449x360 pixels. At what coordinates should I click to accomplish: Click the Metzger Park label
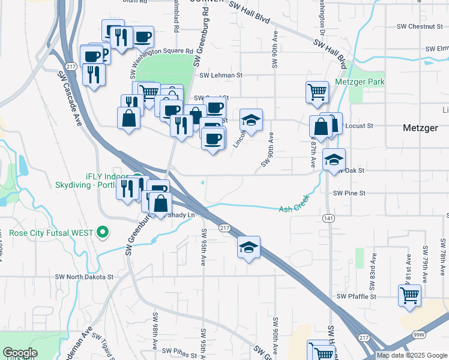tap(361, 82)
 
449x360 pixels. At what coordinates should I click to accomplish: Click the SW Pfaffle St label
tap(356, 296)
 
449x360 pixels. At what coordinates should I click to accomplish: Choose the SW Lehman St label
tap(220, 76)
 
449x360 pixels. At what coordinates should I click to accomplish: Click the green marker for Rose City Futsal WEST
tap(103, 232)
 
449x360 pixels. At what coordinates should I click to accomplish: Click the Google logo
tap(20, 353)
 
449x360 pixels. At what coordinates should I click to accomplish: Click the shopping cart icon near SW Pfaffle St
tap(409, 295)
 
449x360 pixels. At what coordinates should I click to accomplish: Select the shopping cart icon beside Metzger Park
tap(317, 92)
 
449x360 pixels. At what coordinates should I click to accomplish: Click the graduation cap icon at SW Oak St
tap(334, 159)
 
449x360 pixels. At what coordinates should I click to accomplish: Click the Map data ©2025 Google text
tap(412, 355)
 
